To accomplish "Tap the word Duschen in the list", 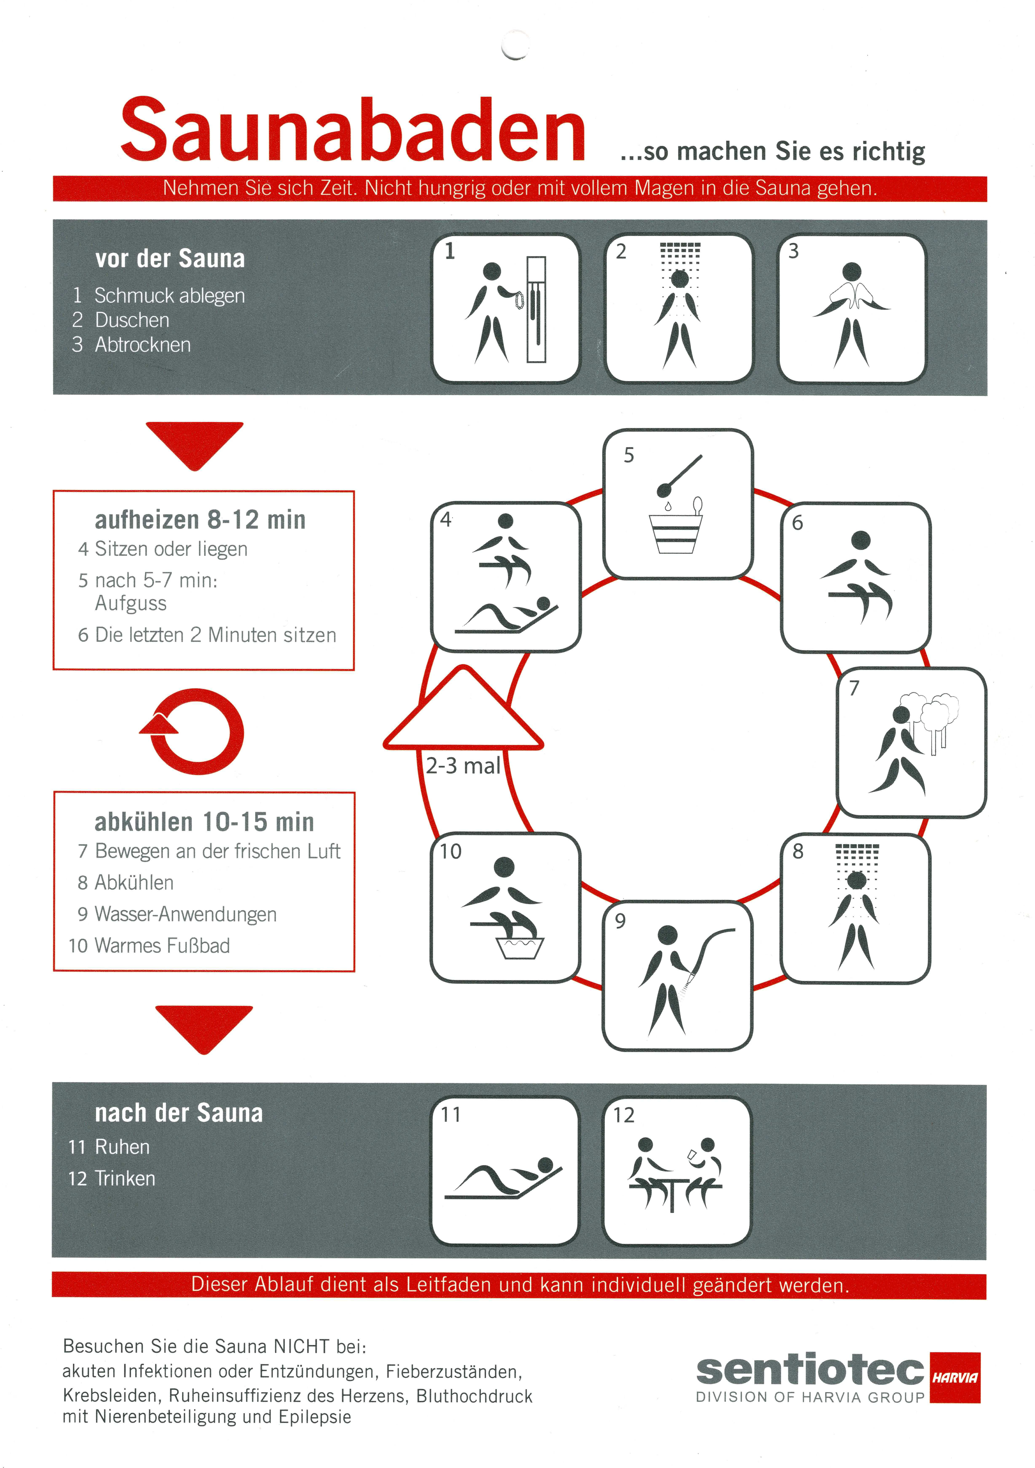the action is (x=132, y=320).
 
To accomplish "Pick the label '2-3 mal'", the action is (x=463, y=765).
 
